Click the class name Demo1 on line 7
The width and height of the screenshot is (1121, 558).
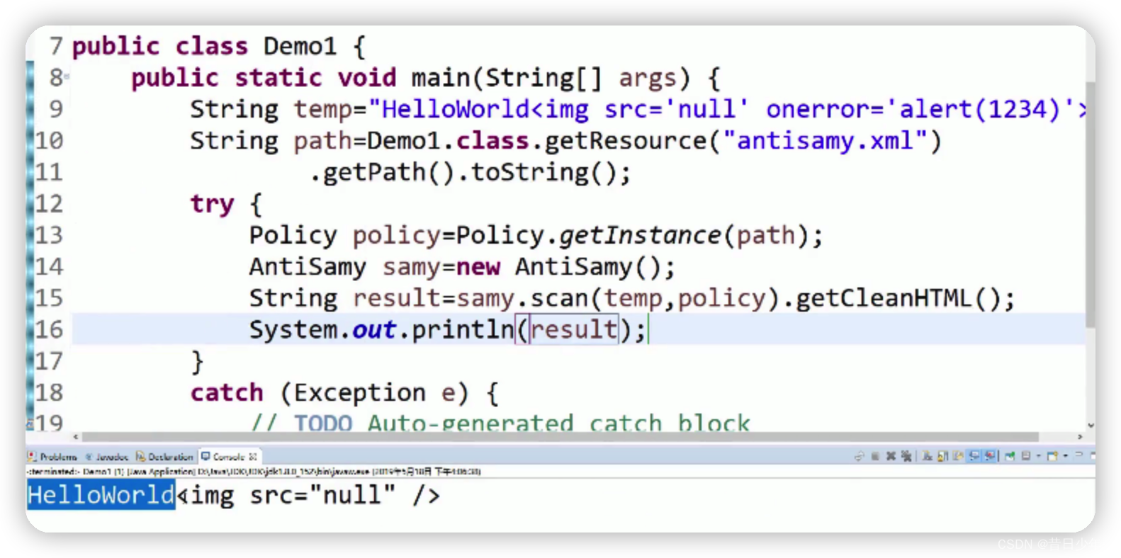click(x=300, y=47)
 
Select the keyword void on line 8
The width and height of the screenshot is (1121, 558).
click(x=366, y=78)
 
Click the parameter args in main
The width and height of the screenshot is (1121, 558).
click(x=647, y=78)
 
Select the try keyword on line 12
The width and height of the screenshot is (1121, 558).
click(x=212, y=204)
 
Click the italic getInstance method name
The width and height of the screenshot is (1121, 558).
click(x=640, y=235)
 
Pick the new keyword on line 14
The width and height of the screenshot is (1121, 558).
click(x=478, y=267)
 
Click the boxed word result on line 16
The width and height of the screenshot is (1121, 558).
click(x=574, y=330)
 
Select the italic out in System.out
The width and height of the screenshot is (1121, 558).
click(x=373, y=330)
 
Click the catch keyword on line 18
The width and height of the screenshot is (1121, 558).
click(x=226, y=392)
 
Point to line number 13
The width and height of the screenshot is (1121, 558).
click(x=49, y=235)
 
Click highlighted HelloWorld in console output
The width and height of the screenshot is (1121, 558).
click(x=101, y=495)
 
